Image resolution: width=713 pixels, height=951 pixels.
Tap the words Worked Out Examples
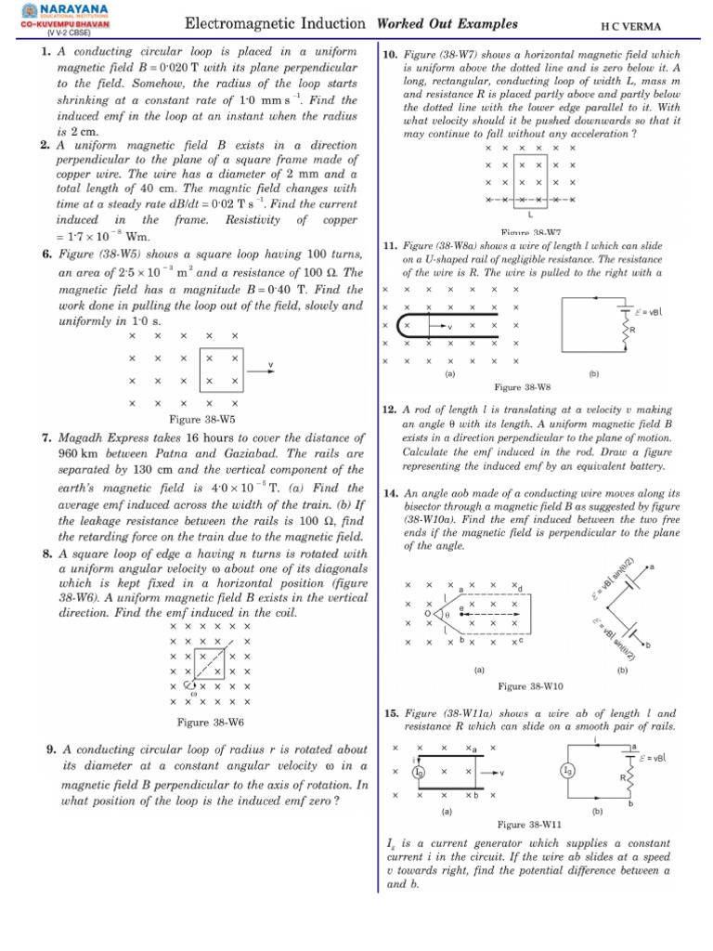[x=447, y=23]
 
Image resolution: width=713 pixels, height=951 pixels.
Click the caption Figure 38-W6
[x=211, y=722]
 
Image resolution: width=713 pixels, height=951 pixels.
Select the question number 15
[x=390, y=713]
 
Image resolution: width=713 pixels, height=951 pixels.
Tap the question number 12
[x=390, y=410]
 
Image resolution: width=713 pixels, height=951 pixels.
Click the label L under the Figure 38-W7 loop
[x=529, y=214]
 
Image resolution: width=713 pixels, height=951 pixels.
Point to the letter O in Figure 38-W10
[x=427, y=614]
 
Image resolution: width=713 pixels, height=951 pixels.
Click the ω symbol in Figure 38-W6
[x=193, y=693]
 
